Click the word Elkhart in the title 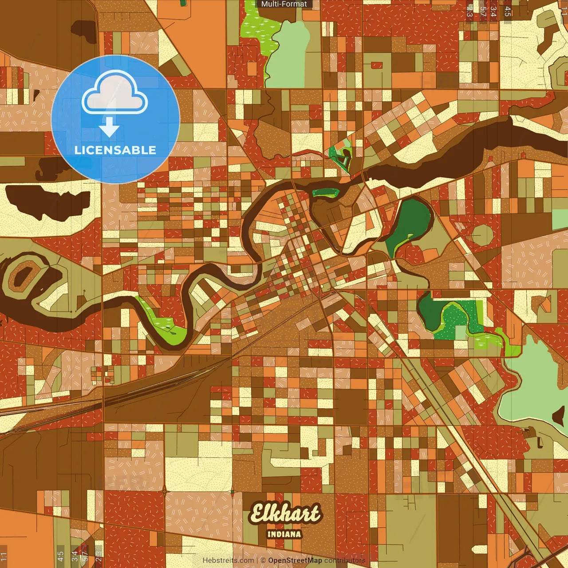pos(284,514)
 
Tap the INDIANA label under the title pos(284,534)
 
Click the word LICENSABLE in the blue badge pos(115,150)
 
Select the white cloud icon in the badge pos(115,92)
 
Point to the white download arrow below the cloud pos(109,126)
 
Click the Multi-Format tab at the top pos(284,4)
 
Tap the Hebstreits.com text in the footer pos(229,560)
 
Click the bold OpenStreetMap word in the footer pos(295,560)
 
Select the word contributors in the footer pos(344,560)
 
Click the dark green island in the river pos(326,193)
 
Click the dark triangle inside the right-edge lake pos(559,416)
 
